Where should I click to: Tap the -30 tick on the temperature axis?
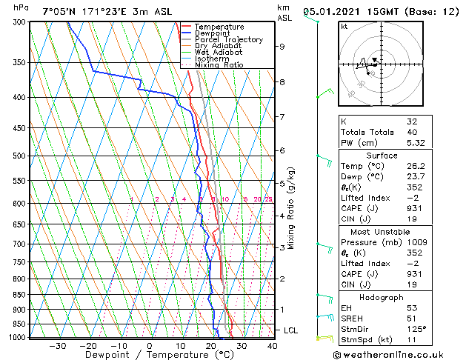tap(57, 346)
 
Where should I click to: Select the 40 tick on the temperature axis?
tap(273, 346)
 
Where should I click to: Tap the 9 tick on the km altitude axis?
tap(282, 46)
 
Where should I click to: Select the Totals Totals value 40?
tap(412, 132)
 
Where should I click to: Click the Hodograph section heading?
tap(382, 296)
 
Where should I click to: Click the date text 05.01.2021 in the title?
tap(339, 11)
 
